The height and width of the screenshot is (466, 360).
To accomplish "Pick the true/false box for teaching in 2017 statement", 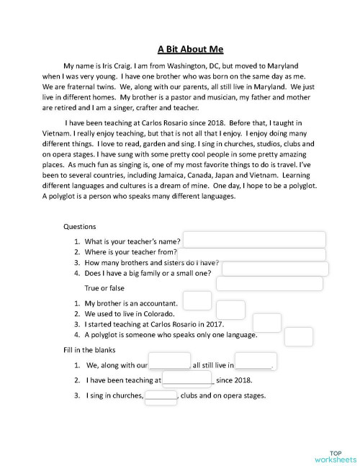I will [x=267, y=323].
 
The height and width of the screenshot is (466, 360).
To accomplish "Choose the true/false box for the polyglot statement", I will [x=299, y=336].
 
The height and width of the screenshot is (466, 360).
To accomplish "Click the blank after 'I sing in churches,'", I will [x=161, y=397].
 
